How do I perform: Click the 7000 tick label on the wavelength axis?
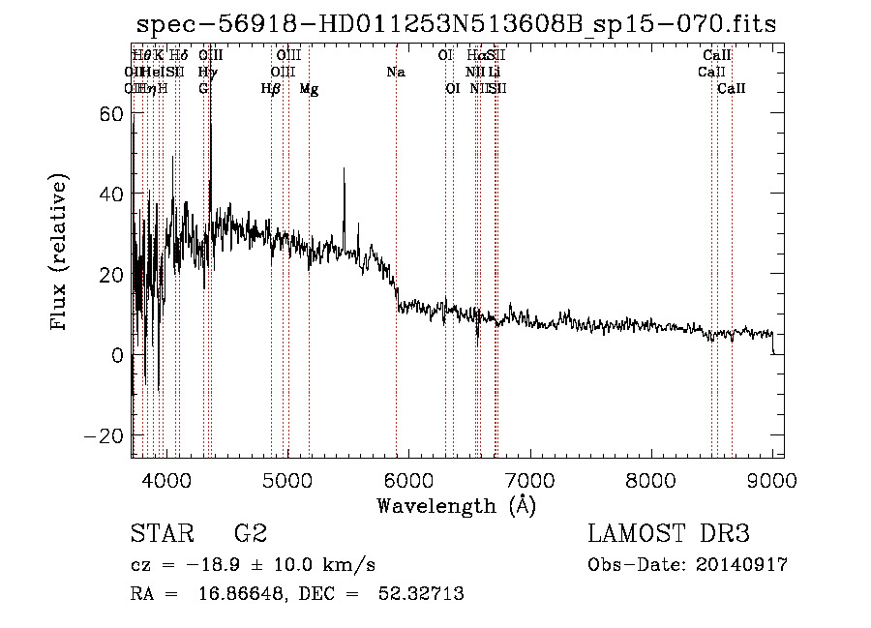click(x=529, y=479)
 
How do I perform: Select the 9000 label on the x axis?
click(x=771, y=479)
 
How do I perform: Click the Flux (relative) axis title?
click(x=60, y=254)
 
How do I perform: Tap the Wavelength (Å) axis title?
click(x=456, y=504)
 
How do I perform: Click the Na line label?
click(x=395, y=72)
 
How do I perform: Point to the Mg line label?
click(x=309, y=89)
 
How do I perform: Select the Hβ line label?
click(x=271, y=89)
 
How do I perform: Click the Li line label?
click(x=494, y=72)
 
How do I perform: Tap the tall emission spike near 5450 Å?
click(x=344, y=171)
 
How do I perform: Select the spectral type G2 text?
click(x=250, y=533)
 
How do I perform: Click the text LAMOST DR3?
click(x=669, y=533)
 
